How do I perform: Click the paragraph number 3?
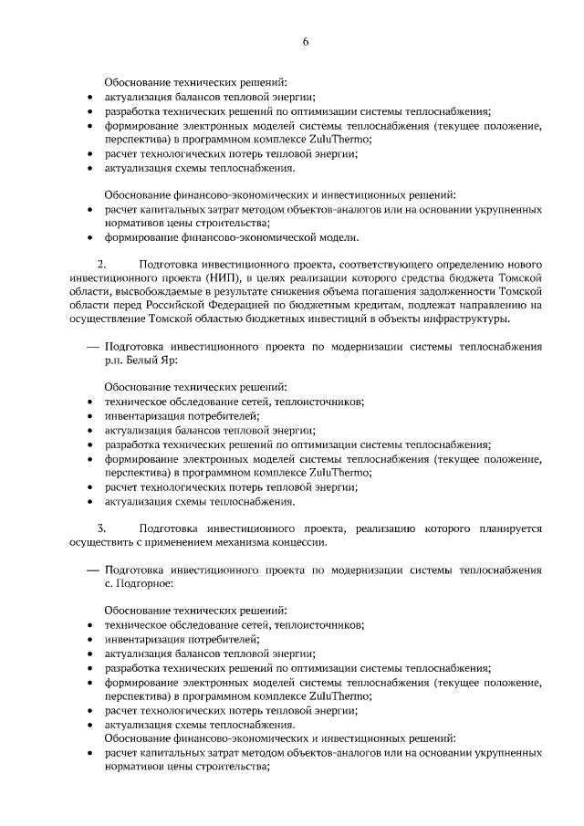point(101,528)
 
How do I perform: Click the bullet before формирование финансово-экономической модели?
point(89,239)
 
